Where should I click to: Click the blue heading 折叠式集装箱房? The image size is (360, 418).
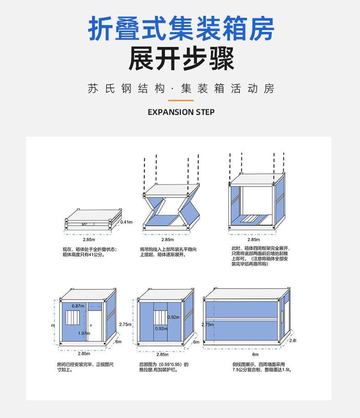tap(181, 29)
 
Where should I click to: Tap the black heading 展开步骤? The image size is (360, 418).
tap(181, 60)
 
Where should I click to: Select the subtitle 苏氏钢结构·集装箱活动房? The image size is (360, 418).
tap(181, 88)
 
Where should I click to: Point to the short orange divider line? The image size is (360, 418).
tap(181, 100)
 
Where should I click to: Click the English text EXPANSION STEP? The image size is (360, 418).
tap(181, 112)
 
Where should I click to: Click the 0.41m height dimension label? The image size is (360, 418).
tap(126, 222)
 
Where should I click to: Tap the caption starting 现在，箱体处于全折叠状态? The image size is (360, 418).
tap(90, 252)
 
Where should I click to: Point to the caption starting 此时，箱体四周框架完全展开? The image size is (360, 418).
tap(260, 256)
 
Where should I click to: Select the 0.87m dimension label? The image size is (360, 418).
tap(78, 305)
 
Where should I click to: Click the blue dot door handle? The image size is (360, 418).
tap(91, 325)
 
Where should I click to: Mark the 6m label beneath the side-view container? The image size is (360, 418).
tap(255, 354)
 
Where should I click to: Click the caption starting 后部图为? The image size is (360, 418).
tap(164, 367)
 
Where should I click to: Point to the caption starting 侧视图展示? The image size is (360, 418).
tap(261, 367)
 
